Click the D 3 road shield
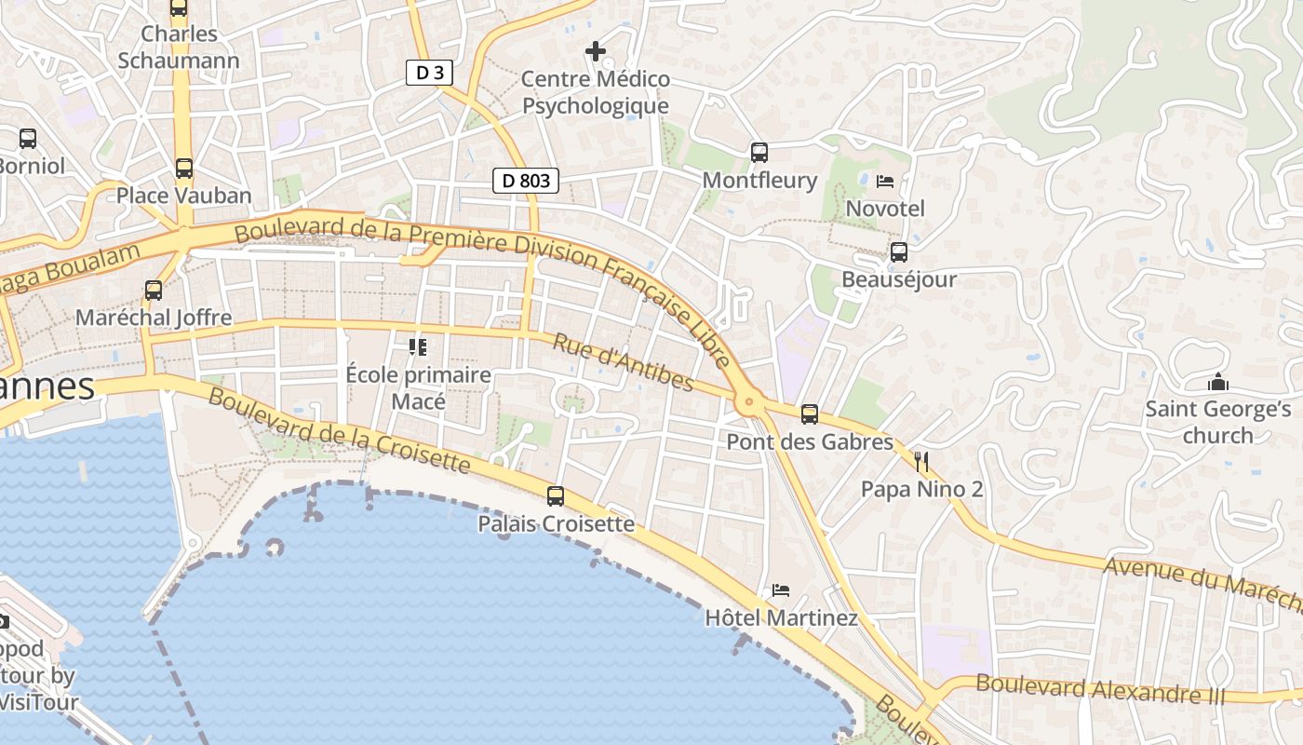pyautogui.click(x=429, y=73)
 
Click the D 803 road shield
pyautogui.click(x=526, y=181)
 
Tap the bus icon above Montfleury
pyautogui.click(x=759, y=152)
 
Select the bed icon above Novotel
pyautogui.click(x=885, y=181)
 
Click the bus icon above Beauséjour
pyautogui.click(x=899, y=251)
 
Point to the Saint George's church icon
pyautogui.click(x=1217, y=382)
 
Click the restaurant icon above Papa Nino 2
pyautogui.click(x=921, y=461)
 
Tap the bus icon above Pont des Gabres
pyautogui.click(x=810, y=413)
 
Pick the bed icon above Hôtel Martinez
pyautogui.click(x=781, y=589)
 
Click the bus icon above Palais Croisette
pyautogui.click(x=556, y=495)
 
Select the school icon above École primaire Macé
pyautogui.click(x=418, y=347)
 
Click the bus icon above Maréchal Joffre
pyautogui.click(x=154, y=290)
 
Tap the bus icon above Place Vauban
pyautogui.click(x=184, y=169)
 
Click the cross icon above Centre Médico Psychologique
pyautogui.click(x=596, y=50)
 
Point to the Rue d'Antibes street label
pyautogui.click(x=623, y=362)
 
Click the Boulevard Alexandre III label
pyautogui.click(x=1100, y=690)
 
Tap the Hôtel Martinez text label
pyautogui.click(x=781, y=617)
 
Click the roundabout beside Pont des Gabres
pyautogui.click(x=748, y=403)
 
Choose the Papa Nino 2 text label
pyautogui.click(x=921, y=489)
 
